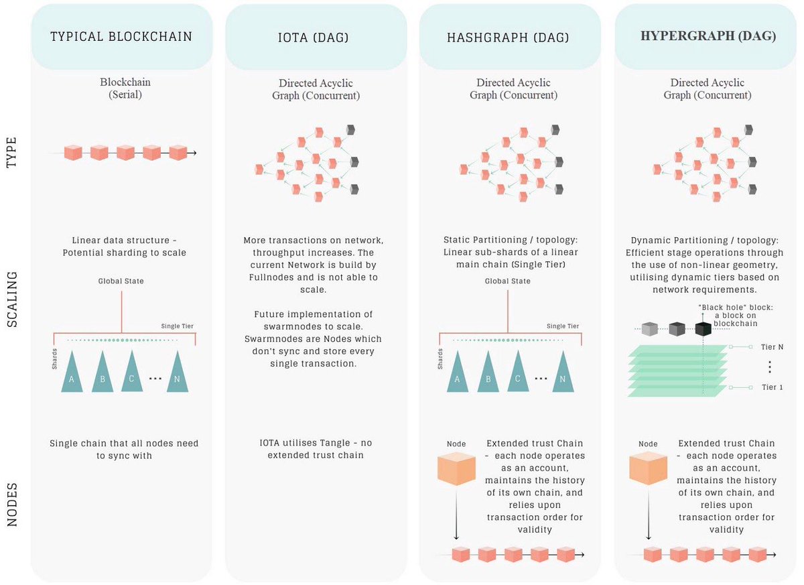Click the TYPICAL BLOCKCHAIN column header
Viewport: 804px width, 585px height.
(121, 37)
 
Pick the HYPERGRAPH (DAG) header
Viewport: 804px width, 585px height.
(708, 36)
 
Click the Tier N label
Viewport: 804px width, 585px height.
(773, 346)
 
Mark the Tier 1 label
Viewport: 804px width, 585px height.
(773, 387)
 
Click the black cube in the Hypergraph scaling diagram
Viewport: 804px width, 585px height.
(703, 328)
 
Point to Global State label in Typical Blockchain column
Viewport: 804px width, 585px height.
(121, 281)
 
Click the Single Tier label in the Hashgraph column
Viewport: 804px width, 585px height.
(562, 326)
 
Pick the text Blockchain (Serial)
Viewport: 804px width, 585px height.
(125, 88)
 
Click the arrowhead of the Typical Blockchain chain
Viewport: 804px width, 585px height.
(194, 153)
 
